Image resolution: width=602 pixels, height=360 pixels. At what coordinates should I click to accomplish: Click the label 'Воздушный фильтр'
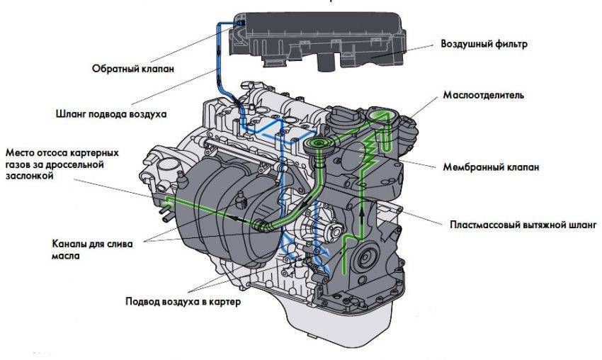[x=484, y=44]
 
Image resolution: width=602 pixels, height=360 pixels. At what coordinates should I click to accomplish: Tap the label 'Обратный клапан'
[x=133, y=69]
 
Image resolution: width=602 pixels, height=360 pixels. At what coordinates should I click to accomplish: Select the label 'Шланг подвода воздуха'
[x=111, y=114]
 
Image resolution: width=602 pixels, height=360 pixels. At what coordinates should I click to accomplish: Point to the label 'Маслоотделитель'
[x=483, y=95]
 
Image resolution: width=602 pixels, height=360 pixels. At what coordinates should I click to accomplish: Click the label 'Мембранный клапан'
[x=491, y=167]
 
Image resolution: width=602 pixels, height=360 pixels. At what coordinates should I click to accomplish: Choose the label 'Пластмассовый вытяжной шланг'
[x=523, y=225]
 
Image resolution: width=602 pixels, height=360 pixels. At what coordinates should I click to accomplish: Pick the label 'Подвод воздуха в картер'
[x=183, y=301]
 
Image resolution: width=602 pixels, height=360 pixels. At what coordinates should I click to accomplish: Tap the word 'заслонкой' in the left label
[x=29, y=176]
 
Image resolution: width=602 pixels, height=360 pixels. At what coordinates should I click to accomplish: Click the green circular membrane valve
[x=318, y=144]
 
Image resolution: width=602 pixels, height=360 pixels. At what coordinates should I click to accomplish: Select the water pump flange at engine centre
[x=329, y=230]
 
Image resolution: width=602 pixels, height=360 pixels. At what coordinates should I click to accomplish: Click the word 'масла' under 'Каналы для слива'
[x=66, y=256]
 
